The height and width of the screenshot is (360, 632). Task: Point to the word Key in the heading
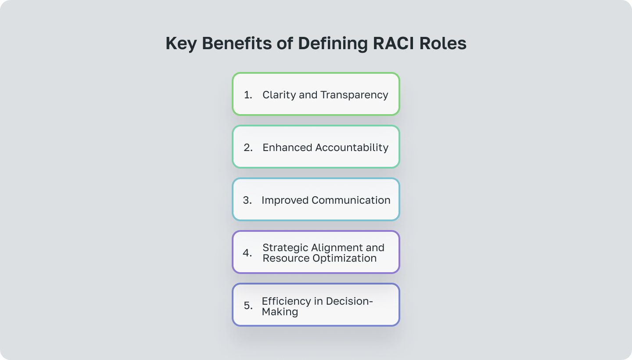pyautogui.click(x=181, y=44)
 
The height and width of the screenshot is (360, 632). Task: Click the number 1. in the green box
pyautogui.click(x=248, y=95)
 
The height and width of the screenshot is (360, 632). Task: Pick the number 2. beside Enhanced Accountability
pyautogui.click(x=248, y=148)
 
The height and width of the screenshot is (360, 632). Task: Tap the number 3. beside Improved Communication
pyautogui.click(x=248, y=200)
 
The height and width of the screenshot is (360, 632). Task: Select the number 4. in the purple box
pyautogui.click(x=248, y=253)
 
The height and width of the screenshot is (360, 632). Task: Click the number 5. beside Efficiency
pyautogui.click(x=248, y=306)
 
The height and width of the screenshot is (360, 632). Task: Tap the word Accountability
pyautogui.click(x=351, y=148)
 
